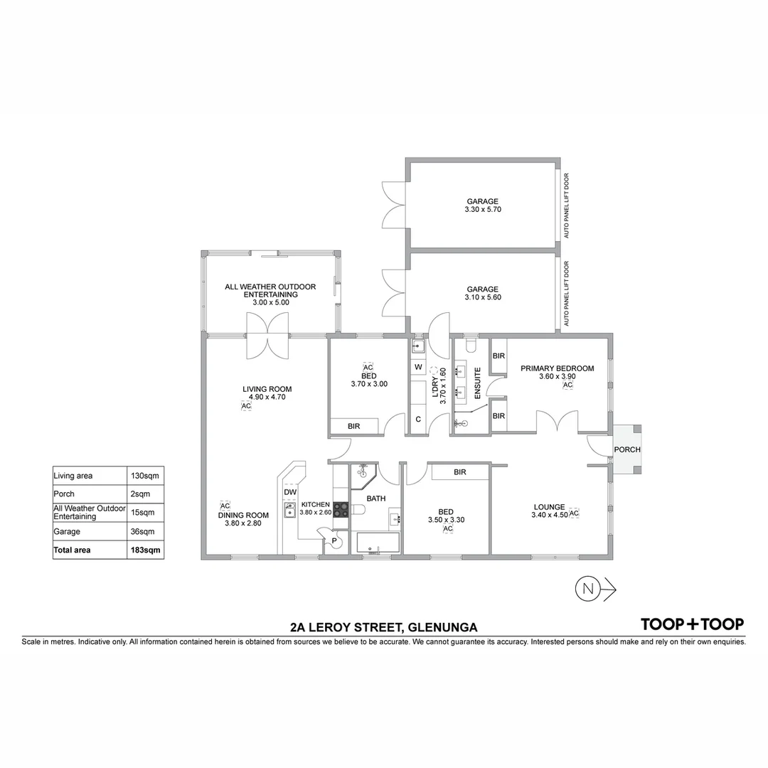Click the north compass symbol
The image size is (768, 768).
click(x=587, y=588)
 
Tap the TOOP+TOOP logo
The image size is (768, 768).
click(x=692, y=624)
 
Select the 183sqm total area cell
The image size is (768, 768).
click(x=145, y=550)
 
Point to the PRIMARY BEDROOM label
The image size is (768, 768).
click(x=557, y=368)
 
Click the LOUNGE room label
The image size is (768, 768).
click(x=549, y=508)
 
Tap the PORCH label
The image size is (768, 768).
click(x=627, y=449)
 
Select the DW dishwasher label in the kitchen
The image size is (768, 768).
click(x=289, y=492)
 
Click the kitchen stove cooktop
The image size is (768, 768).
click(x=340, y=511)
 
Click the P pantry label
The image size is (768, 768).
click(x=334, y=542)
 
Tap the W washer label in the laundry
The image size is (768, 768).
click(x=418, y=367)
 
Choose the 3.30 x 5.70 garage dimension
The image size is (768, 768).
click(x=482, y=210)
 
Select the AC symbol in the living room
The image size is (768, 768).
click(x=246, y=406)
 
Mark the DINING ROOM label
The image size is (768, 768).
click(x=243, y=515)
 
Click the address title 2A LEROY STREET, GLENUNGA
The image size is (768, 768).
click(x=383, y=627)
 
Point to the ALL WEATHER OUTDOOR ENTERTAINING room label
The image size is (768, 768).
click(x=270, y=290)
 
